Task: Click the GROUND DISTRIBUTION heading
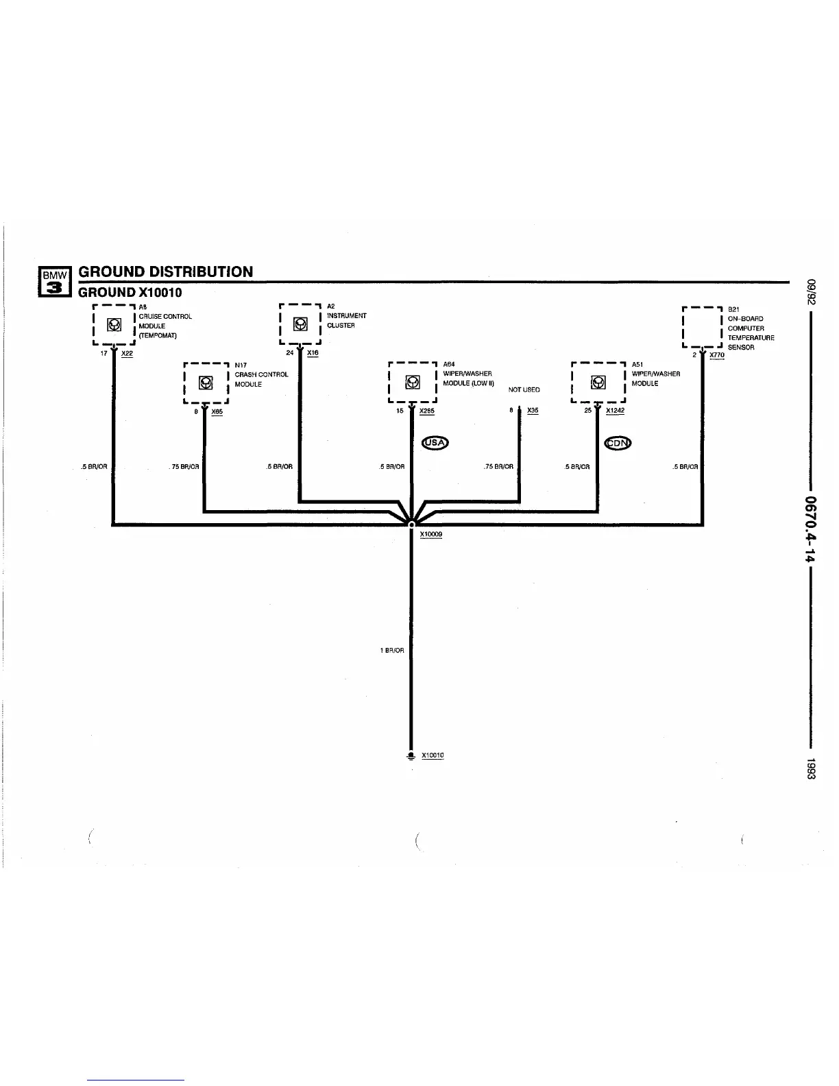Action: pyautogui.click(x=166, y=271)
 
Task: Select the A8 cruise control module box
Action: pyautogui.click(x=114, y=325)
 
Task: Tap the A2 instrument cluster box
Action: pyautogui.click(x=300, y=324)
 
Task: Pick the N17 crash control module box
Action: pyautogui.click(x=205, y=383)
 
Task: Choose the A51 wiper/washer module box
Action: pyautogui.click(x=598, y=382)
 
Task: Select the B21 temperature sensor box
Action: pyautogui.click(x=703, y=328)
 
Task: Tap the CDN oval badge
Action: pyautogui.click(x=618, y=443)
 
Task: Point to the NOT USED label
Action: pyautogui.click(x=524, y=389)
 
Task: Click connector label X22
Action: pyautogui.click(x=127, y=354)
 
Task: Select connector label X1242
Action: pyautogui.click(x=615, y=411)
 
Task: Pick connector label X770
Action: pyautogui.click(x=717, y=355)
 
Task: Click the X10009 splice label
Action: pyautogui.click(x=430, y=534)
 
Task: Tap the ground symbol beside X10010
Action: pyautogui.click(x=411, y=756)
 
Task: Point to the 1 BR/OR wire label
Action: pyautogui.click(x=392, y=650)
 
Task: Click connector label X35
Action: pyautogui.click(x=533, y=411)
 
